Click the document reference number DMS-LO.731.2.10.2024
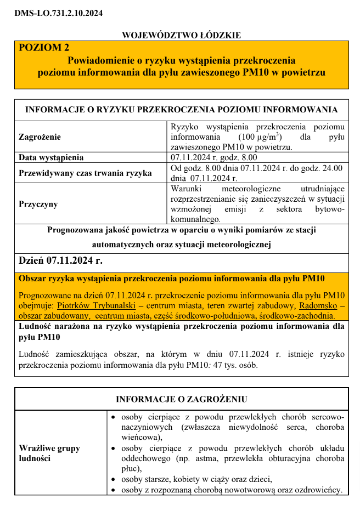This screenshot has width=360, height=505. pos(59,13)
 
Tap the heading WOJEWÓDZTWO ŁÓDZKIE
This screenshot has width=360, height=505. pos(181,35)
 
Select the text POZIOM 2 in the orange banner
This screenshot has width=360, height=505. pos(44,48)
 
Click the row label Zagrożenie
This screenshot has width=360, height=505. pos(40,137)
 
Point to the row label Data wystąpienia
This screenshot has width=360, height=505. pos(52,158)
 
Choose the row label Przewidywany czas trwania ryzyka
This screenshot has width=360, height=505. pos(85,173)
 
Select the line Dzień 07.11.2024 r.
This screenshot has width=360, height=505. pos(61,260)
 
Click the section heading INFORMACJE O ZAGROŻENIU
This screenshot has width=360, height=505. pos(181,399)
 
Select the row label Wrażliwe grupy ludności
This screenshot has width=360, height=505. pos(49,453)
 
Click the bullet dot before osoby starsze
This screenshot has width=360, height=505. pos(113,480)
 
